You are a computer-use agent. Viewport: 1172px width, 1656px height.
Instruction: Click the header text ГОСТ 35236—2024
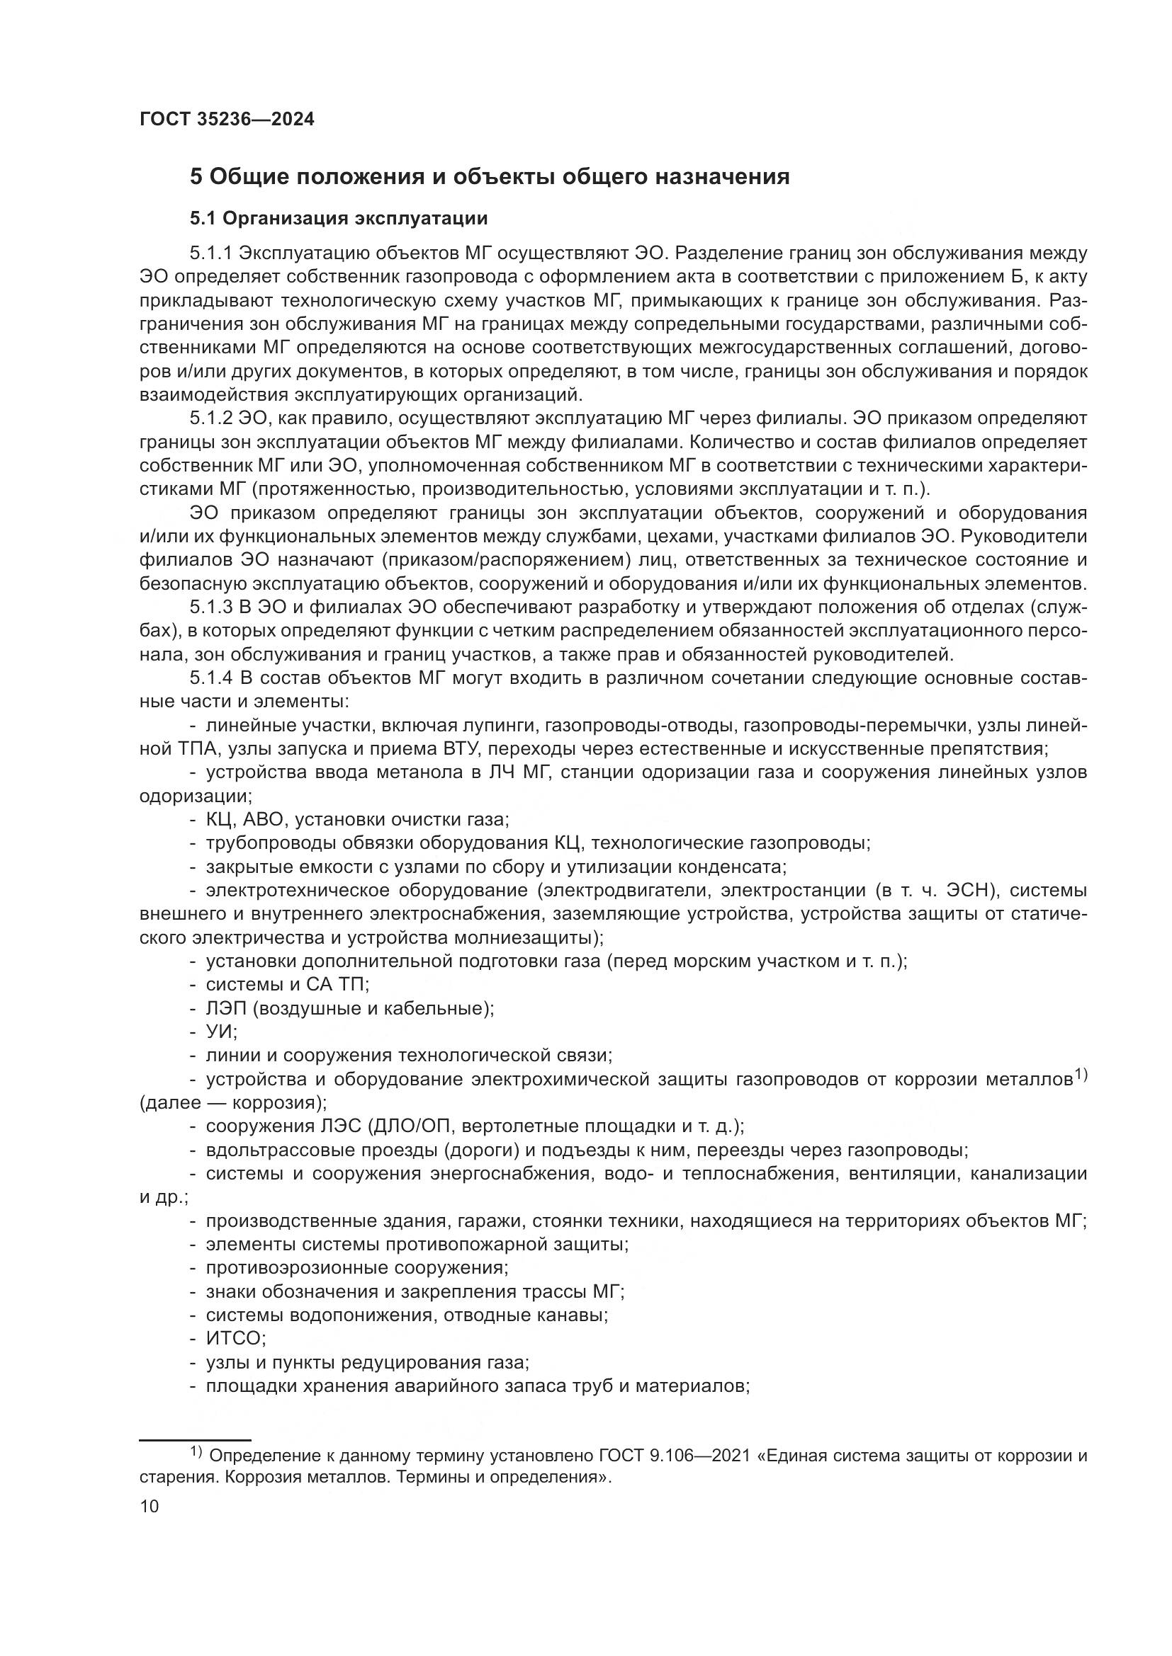[x=227, y=120]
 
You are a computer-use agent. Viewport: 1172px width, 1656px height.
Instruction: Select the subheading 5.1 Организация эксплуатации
[x=339, y=218]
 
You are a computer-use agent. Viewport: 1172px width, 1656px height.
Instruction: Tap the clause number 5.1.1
[x=210, y=253]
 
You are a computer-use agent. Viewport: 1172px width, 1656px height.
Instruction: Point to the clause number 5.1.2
[x=210, y=418]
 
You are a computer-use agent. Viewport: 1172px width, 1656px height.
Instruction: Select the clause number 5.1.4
[x=210, y=679]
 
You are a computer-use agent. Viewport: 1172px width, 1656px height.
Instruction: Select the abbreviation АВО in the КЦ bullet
[x=266, y=820]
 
